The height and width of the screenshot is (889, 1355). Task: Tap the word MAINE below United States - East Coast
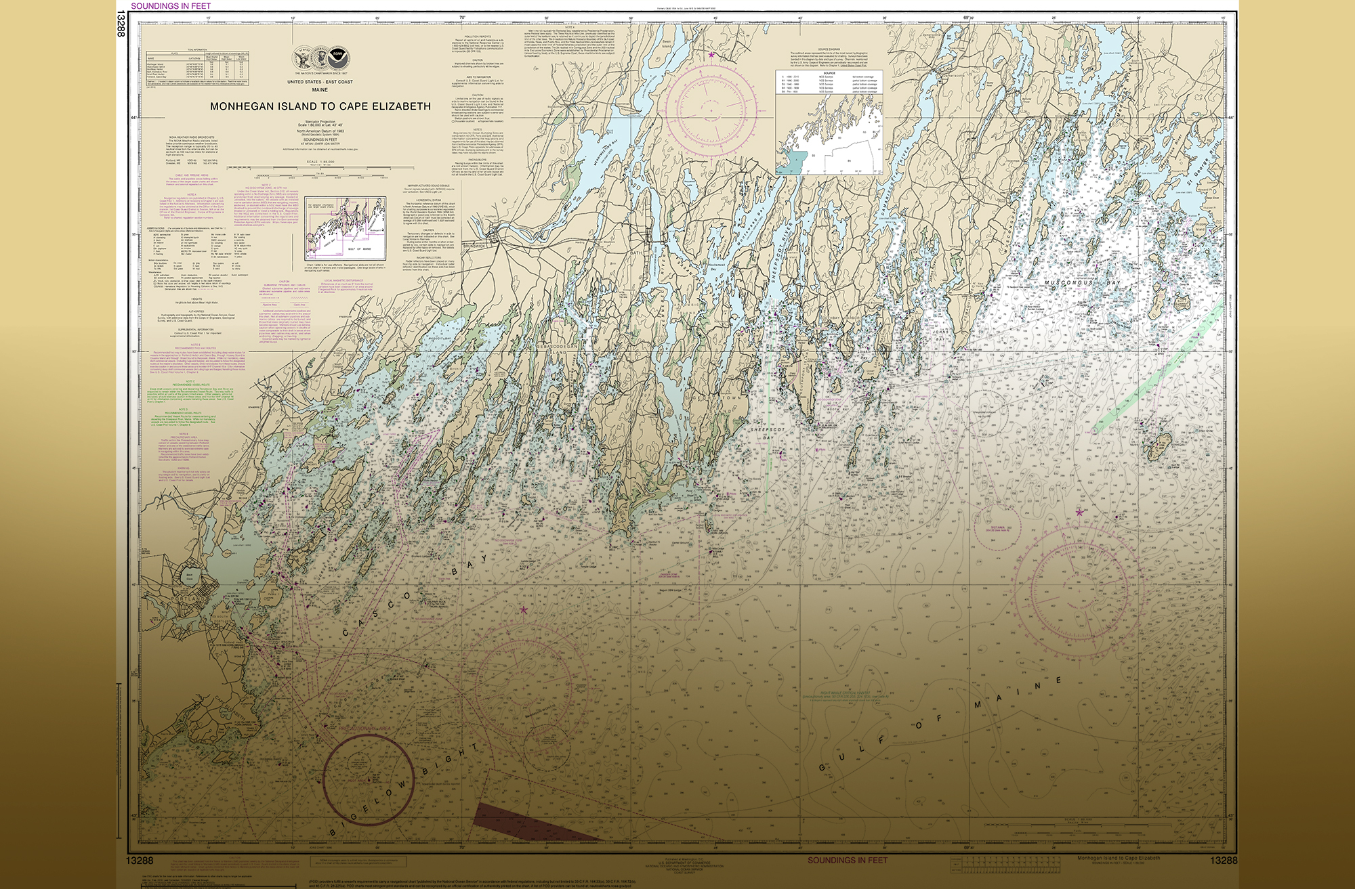tap(320, 89)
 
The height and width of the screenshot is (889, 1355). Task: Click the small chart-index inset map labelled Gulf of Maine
tap(346, 228)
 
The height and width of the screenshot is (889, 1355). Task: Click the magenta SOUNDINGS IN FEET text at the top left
tap(171, 5)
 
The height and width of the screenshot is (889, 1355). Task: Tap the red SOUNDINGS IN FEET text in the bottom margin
tap(847, 860)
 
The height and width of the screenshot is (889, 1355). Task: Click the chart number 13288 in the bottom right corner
tap(1223, 860)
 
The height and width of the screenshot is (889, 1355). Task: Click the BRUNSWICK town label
tap(474, 246)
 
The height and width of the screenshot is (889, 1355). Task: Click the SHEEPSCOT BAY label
tap(767, 433)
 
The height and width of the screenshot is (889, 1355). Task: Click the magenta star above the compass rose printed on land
tap(711, 55)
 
